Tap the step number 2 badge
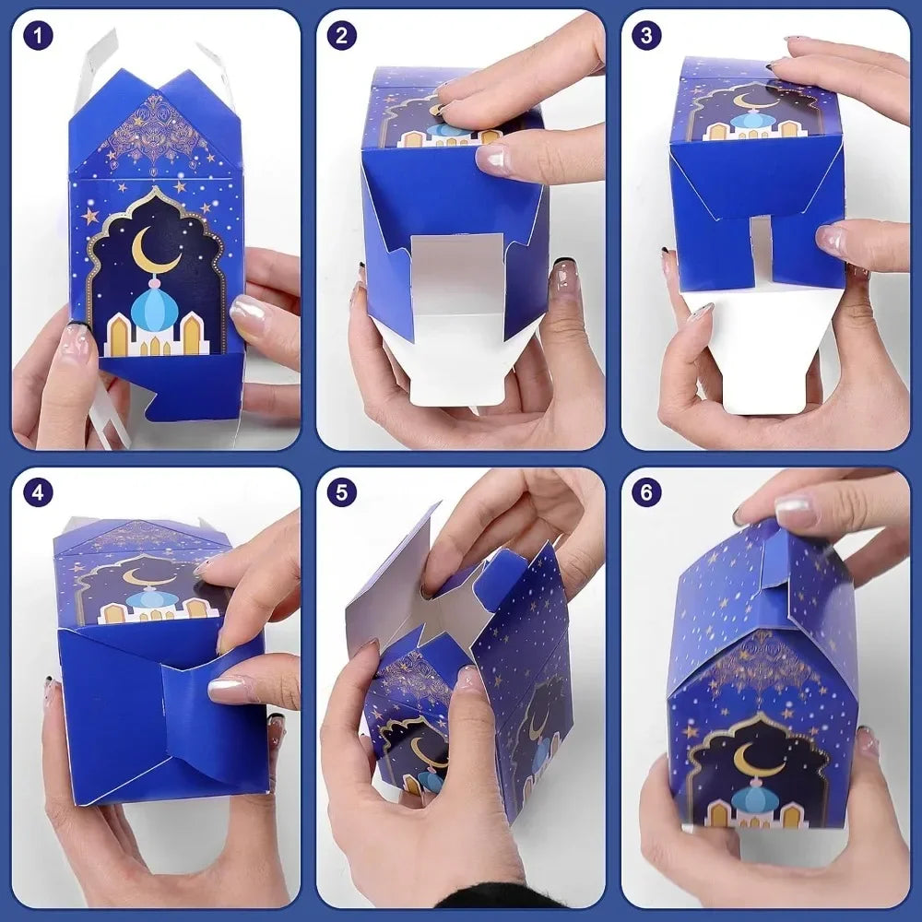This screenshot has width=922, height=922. coord(342,36)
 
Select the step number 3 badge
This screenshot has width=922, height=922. coord(646,36)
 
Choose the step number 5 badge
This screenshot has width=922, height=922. coord(342,492)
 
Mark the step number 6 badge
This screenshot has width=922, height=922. coord(646,492)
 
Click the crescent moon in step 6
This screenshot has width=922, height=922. coord(754,759)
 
